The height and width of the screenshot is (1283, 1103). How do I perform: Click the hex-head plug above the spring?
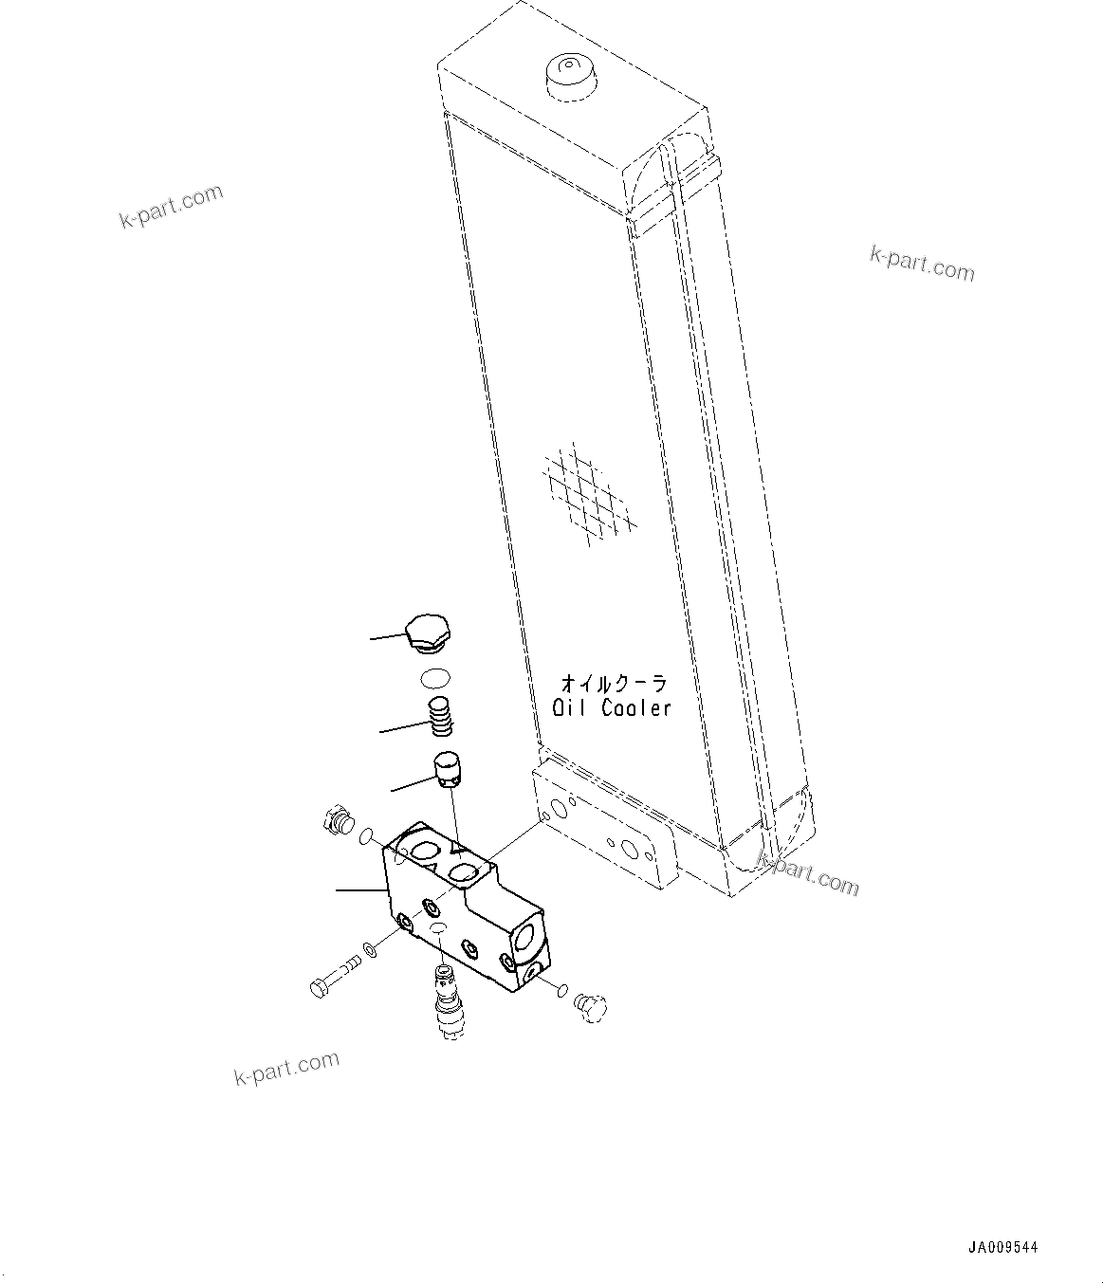pyautogui.click(x=428, y=633)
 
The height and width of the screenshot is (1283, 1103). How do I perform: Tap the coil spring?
pyautogui.click(x=440, y=715)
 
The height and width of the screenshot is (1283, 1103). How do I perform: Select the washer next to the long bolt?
pyautogui.click(x=370, y=948)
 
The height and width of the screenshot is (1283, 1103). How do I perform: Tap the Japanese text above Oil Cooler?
pyautogui.click(x=614, y=683)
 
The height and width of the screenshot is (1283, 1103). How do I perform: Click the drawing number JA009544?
pyautogui.click(x=1002, y=1248)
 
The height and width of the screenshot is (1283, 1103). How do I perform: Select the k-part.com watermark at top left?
pyautogui.click(x=171, y=207)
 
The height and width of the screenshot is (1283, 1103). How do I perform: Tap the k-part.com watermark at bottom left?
pyautogui.click(x=286, y=1069)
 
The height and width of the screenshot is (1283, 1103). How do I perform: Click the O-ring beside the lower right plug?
pyautogui.click(x=562, y=992)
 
